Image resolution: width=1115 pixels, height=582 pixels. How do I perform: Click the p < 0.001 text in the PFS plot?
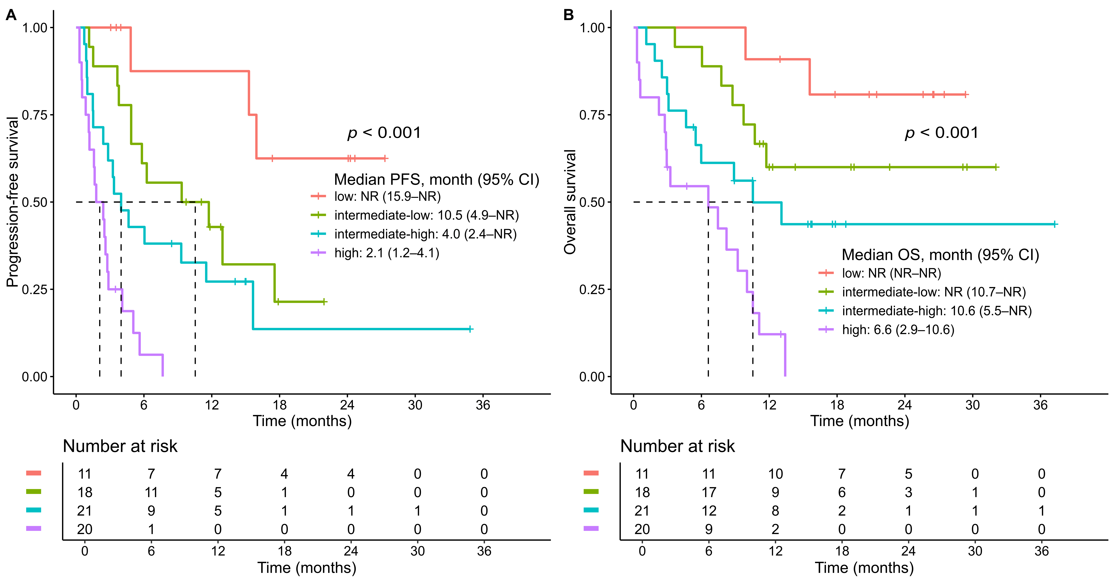[384, 133]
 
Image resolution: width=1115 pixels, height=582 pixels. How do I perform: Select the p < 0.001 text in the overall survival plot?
[941, 133]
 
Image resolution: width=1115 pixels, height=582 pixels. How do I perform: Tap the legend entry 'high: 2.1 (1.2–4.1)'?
[387, 253]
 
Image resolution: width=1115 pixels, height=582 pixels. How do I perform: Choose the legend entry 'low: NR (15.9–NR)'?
[387, 197]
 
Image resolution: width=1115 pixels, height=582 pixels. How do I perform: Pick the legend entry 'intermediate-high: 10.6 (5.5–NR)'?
[937, 311]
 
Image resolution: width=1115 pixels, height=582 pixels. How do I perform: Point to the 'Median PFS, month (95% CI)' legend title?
[436, 179]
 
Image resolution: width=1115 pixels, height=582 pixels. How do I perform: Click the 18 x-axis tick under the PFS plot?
[280, 405]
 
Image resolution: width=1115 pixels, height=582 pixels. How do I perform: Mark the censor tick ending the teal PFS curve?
[470, 329]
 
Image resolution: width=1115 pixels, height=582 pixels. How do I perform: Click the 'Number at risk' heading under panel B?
[677, 446]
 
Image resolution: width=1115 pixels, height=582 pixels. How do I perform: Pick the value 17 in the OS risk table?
[709, 492]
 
